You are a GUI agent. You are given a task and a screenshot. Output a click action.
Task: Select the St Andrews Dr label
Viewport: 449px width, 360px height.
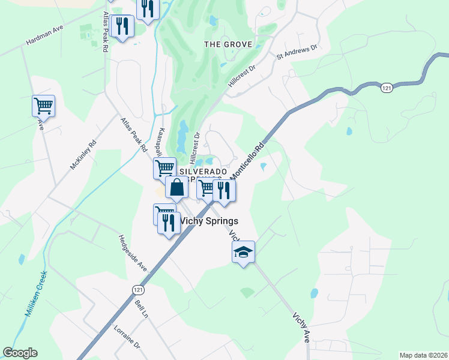point(296,52)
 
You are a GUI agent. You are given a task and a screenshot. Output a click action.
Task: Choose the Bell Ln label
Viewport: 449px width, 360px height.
point(141,309)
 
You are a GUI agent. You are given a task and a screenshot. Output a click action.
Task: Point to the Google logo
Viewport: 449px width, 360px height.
point(20,353)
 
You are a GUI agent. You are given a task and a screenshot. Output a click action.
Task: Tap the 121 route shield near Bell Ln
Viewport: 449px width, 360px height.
point(137,289)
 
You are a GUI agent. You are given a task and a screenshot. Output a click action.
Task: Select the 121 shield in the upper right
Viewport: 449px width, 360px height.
point(387,88)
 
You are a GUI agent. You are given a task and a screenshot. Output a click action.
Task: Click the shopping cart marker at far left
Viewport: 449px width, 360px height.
point(43,106)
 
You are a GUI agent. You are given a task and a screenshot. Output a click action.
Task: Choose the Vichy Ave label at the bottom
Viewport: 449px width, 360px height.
point(302,327)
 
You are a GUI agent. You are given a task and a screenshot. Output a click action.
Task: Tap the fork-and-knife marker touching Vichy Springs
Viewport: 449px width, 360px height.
point(169,223)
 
